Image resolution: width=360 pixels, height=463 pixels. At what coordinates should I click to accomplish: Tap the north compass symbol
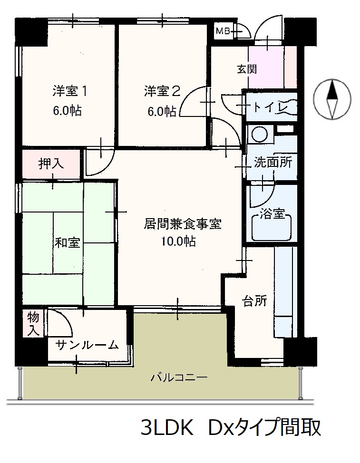pos(332,99)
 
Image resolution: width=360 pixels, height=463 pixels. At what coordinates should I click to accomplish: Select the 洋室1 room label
pos(70,91)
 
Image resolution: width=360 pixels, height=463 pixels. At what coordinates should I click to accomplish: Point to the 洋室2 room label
pos(162,91)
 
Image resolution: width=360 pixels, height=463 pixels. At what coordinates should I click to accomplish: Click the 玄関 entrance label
pos(247,69)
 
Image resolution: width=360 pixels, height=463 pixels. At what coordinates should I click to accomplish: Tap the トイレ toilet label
pos(270,106)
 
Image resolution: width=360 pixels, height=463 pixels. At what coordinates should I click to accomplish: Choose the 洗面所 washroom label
pos(273,162)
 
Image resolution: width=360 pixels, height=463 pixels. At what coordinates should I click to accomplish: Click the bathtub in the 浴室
pos(272,227)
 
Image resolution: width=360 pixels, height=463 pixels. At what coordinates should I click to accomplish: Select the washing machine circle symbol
pos(259,135)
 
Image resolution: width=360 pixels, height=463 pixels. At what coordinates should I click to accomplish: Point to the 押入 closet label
pos(51,164)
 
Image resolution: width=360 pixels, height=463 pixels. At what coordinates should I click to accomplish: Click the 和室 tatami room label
pos(68,243)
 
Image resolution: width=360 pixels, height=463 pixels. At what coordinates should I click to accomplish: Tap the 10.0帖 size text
pos(178,241)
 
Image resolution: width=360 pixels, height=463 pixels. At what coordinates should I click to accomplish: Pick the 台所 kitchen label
pos(254,301)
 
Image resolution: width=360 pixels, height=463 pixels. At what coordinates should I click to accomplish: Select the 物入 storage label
pos(33,324)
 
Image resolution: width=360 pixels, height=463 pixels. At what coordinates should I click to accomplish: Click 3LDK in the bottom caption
pos(167,427)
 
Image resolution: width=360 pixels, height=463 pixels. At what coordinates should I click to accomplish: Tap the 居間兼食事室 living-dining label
pos(183,224)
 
